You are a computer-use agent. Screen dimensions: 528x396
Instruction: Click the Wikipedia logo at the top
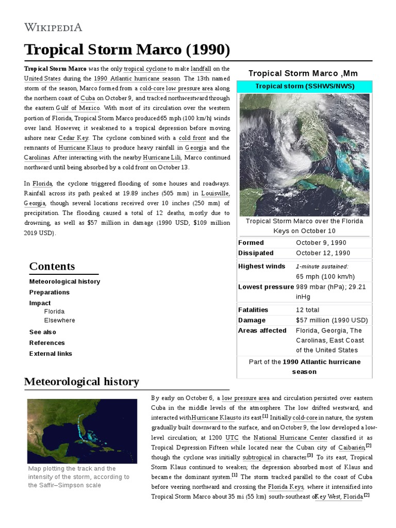tap(53, 27)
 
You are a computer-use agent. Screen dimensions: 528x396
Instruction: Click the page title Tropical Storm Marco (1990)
tap(127, 51)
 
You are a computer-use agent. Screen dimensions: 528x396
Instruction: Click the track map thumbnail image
tap(82, 430)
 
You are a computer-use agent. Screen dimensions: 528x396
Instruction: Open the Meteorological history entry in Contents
tap(64, 282)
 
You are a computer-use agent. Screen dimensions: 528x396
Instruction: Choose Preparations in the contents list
tap(49, 292)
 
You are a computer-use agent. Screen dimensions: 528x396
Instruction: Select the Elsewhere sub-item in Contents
tap(59, 320)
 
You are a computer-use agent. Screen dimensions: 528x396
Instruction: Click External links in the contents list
tap(51, 354)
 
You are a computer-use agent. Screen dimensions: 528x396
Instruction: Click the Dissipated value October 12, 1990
tap(323, 253)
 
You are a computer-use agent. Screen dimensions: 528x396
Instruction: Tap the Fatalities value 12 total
tap(307, 310)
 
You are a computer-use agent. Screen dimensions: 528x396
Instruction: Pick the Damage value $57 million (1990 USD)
tap(332, 320)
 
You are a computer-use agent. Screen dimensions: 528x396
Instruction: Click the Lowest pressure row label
tap(266, 287)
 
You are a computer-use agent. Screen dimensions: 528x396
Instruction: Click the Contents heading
tap(52, 267)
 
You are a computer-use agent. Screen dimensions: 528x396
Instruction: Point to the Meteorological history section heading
tap(81, 382)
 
